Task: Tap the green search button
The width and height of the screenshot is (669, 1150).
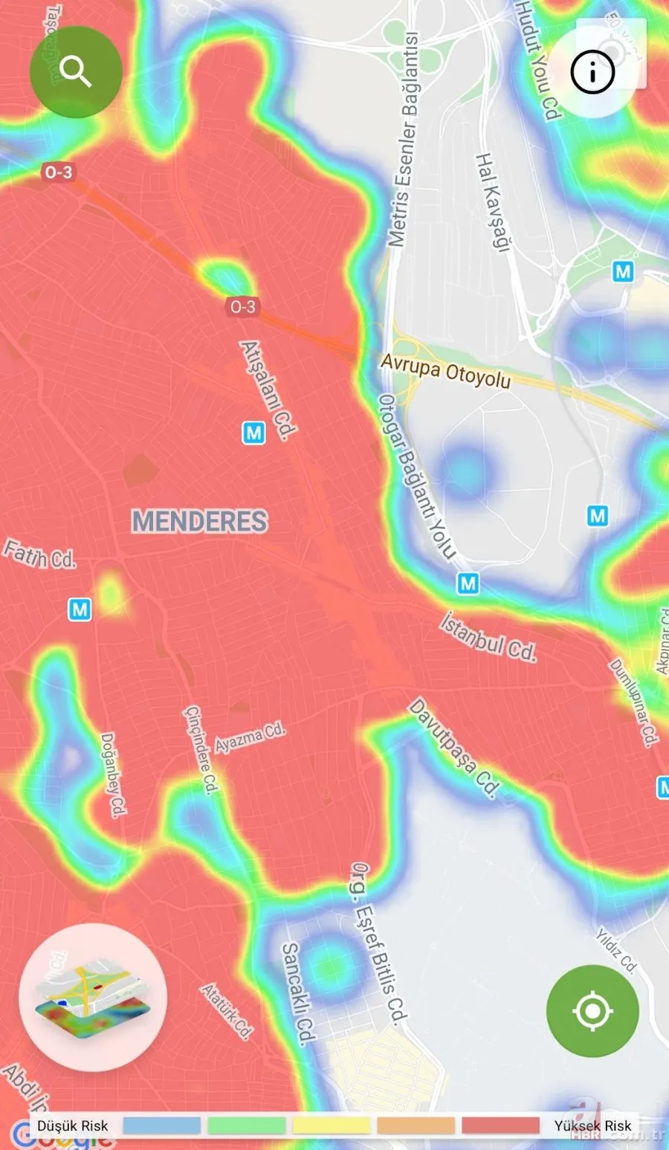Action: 75,72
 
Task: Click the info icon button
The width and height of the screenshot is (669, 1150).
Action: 592,72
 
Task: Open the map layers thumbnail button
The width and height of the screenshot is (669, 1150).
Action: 93,997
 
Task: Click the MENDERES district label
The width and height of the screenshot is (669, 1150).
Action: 199,521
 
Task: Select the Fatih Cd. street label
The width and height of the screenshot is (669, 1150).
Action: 39,555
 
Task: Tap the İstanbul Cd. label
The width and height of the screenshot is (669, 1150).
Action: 488,637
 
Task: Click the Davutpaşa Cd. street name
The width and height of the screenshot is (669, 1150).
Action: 454,748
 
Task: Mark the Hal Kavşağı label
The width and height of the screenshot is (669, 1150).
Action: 491,202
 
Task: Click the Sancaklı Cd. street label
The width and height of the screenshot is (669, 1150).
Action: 299,993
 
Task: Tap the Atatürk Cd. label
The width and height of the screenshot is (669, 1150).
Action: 227,1010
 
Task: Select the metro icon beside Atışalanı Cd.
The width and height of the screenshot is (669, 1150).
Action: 253,433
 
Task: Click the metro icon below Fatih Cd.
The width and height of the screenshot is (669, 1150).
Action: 80,610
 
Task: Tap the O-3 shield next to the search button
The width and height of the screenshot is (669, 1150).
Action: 58,172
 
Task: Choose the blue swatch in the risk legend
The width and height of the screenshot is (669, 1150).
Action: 161,1125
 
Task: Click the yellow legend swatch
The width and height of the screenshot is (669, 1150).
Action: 331,1125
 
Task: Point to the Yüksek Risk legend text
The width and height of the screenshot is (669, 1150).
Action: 592,1125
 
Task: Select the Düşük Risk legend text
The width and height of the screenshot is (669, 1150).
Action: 73,1125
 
